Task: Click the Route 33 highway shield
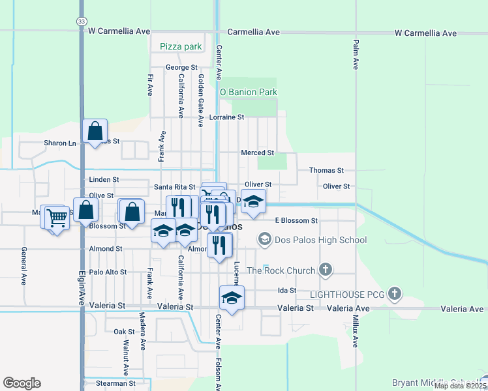[80, 21]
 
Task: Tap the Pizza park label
[181, 46]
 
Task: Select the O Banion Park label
[249, 93]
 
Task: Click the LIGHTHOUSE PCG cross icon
[394, 294]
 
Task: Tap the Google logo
[22, 383]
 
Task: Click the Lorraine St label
[227, 117]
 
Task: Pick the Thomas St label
[326, 170]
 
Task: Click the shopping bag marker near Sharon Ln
[95, 131]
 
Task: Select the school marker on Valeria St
[231, 297]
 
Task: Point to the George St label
[181, 67]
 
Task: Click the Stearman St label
[115, 383]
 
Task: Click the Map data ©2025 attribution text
[459, 386]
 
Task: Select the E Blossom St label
[296, 221]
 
